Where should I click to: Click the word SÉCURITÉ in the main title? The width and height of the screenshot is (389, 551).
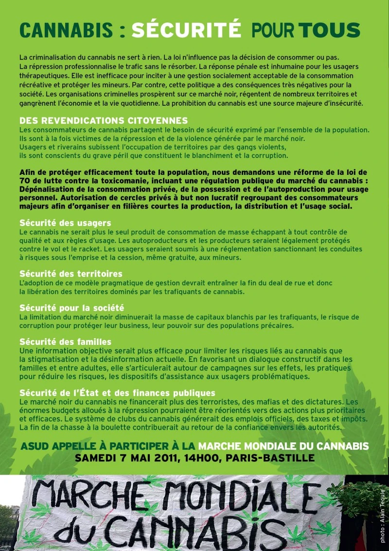click(186, 31)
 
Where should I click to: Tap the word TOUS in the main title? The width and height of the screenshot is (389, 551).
click(329, 31)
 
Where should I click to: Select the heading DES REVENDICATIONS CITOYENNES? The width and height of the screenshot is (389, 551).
click(104, 120)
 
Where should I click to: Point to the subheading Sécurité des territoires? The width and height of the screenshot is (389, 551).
click(71, 274)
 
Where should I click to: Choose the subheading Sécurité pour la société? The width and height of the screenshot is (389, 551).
click(71, 308)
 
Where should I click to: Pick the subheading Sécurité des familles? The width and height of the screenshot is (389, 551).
click(65, 342)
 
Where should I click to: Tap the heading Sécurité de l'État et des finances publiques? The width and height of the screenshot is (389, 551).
click(117, 393)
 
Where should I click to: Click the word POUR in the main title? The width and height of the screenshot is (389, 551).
click(273, 31)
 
